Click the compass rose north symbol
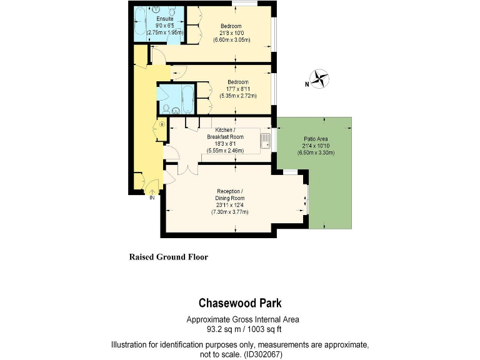[x=320, y=79]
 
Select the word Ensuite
[x=165, y=19]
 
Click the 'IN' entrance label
[x=151, y=198]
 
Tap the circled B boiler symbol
[x=162, y=124]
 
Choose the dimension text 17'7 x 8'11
[x=237, y=89]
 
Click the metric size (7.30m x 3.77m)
[x=229, y=212]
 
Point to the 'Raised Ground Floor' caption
[x=168, y=257]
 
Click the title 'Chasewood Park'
[x=240, y=304]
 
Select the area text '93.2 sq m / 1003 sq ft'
[x=240, y=329]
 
